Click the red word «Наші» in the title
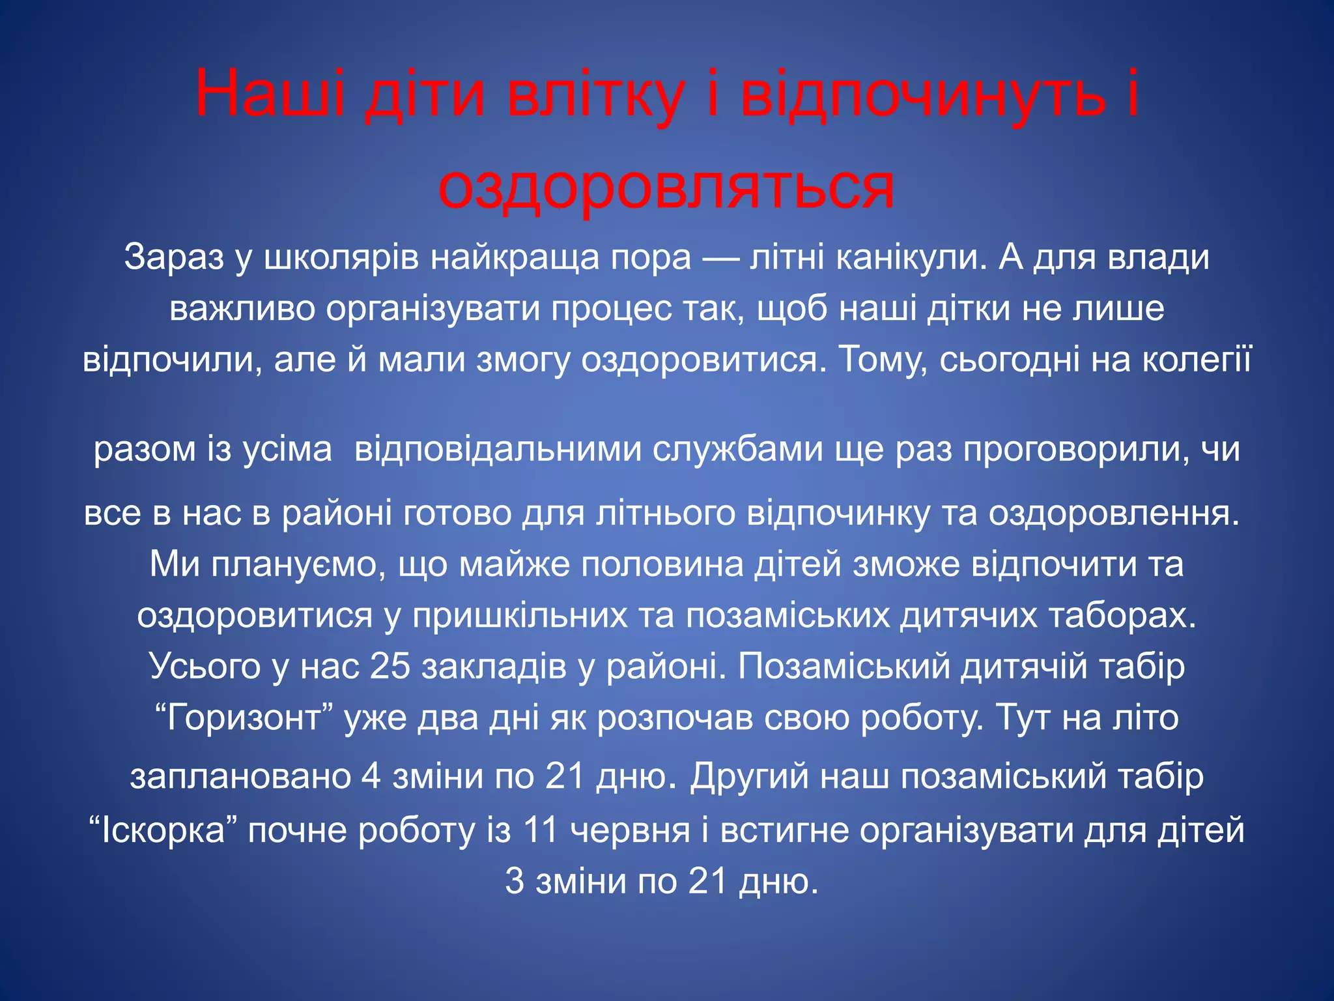point(270,95)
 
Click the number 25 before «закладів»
point(390,666)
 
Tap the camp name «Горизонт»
point(245,718)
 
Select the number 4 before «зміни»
point(371,776)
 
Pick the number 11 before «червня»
point(541,830)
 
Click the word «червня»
point(630,830)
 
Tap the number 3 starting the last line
point(515,882)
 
